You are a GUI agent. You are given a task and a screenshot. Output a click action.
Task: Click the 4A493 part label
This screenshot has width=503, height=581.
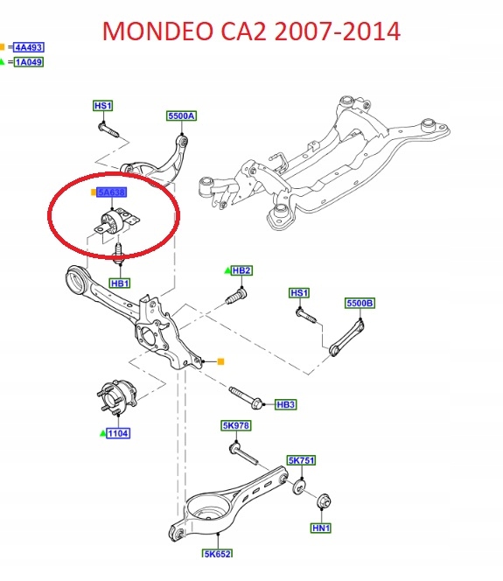[29, 47]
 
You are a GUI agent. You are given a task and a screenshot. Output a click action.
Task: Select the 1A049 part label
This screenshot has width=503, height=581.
[29, 62]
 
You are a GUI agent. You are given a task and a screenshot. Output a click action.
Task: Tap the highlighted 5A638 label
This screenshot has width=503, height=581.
[111, 192]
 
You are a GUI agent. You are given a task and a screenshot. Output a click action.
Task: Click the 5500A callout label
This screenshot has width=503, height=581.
[181, 116]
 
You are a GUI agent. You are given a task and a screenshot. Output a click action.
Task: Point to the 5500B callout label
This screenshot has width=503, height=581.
[360, 303]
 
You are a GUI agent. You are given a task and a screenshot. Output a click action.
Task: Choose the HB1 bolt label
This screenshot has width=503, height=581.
[120, 283]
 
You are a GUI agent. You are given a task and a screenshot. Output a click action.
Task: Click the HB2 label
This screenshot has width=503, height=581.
[241, 270]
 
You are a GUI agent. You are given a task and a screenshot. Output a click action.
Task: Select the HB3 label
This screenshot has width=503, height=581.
[286, 404]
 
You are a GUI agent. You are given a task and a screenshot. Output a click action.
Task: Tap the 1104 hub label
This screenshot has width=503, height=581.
[118, 433]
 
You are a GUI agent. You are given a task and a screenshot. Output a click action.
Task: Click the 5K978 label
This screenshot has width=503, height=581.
[236, 425]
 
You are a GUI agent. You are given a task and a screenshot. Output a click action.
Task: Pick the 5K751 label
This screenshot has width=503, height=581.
[302, 460]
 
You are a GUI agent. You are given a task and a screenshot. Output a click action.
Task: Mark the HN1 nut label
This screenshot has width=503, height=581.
[321, 528]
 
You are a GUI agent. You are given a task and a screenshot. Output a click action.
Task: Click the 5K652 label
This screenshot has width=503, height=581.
[218, 554]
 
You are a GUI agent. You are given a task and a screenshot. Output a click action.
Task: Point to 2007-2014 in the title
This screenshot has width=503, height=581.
[338, 31]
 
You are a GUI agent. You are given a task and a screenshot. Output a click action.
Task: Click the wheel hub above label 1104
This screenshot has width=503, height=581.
[116, 397]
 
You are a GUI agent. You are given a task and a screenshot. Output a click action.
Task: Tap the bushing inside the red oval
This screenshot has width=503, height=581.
[115, 222]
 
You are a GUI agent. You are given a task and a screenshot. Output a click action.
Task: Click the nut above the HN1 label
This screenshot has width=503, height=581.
[324, 501]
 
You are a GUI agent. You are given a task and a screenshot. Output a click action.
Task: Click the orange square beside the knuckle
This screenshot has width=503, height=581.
[220, 361]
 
